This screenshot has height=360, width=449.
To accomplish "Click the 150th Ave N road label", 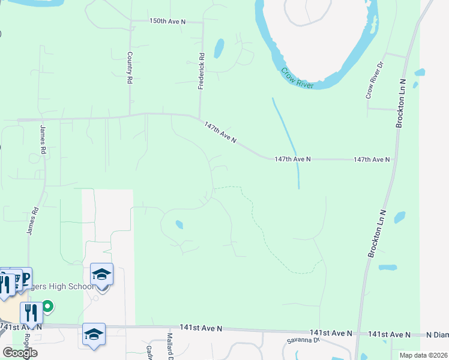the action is click(168, 21).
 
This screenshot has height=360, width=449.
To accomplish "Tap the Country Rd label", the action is click(129, 67).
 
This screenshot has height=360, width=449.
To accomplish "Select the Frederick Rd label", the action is click(202, 72).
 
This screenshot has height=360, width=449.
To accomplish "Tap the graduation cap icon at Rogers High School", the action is click(101, 275).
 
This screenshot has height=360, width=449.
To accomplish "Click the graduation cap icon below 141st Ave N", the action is click(94, 334).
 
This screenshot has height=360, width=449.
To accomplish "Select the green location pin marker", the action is click(47, 307).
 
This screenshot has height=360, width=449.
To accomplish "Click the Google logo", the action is click(20, 353).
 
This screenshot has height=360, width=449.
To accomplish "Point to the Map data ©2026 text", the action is click(424, 355).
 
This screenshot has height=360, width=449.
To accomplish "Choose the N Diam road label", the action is click(438, 334).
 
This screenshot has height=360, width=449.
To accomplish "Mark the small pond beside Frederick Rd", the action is click(219, 47).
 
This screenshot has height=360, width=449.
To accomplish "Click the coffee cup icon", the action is click(15, 278).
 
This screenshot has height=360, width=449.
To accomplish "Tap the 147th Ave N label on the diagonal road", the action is click(220, 133).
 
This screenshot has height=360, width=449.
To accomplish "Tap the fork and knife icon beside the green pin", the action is click(31, 313).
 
